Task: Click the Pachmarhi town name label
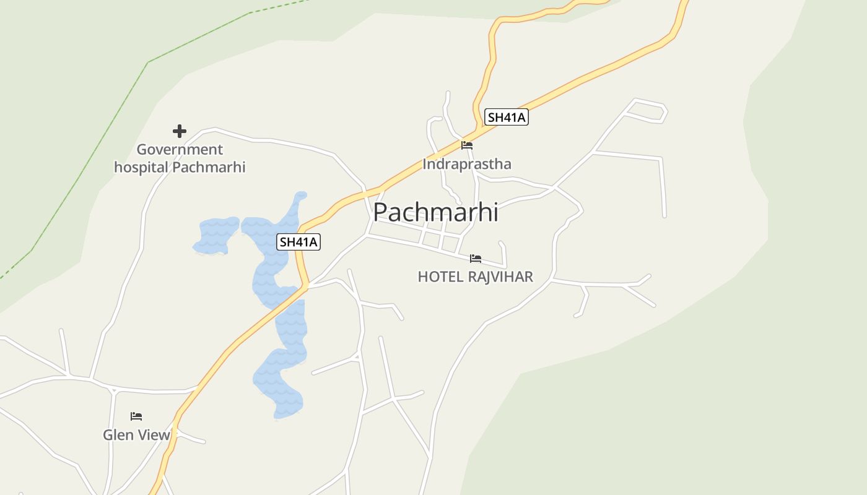point(435,212)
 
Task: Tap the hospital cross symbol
point(180,131)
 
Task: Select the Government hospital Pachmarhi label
point(180,158)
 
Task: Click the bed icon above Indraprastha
point(467,145)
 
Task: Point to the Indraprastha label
point(467,164)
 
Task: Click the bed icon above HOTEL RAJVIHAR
point(476,258)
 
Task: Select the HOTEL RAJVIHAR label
point(475,277)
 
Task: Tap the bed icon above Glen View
point(136,416)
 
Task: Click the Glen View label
point(136,435)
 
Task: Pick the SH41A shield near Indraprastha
point(506,117)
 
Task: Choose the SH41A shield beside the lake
point(298,242)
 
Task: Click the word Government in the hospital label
point(180,150)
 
